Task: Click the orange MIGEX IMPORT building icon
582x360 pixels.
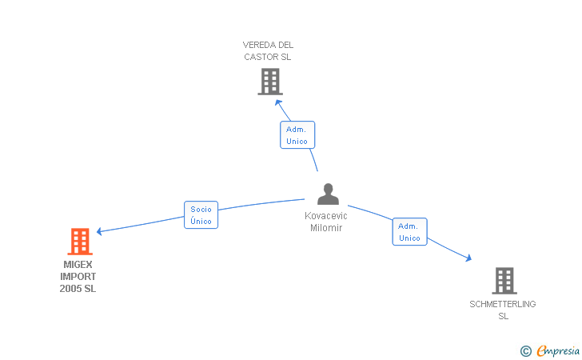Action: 80,241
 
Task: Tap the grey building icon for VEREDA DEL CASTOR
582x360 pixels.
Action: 270,82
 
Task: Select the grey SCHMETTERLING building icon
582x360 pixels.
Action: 504,281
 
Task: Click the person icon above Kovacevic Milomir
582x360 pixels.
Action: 328,194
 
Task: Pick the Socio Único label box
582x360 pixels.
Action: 201,214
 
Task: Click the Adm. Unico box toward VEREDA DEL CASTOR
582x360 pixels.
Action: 297,134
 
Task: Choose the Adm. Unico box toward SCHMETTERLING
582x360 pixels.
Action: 409,232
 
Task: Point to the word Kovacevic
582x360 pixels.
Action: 326,216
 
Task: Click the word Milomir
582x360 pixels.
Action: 326,228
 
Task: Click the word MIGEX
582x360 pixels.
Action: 78,265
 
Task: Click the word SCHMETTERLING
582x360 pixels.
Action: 503,304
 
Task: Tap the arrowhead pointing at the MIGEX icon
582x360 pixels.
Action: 100,231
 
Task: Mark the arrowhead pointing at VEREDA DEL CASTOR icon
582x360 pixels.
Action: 280,102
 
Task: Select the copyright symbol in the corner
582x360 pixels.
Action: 525,350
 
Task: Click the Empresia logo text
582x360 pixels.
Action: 558,350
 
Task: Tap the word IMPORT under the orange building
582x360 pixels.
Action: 78,277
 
